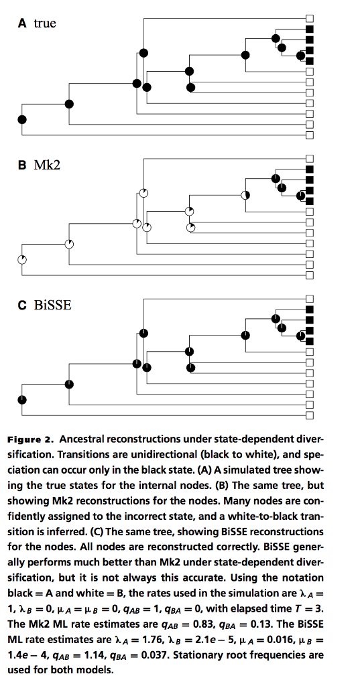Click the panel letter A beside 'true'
pyautogui.click(x=22, y=23)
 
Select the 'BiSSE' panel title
pyautogui.click(x=52, y=305)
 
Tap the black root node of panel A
pyautogui.click(x=22, y=119)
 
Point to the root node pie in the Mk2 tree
pyautogui.click(x=22, y=260)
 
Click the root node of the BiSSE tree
pyautogui.click(x=22, y=400)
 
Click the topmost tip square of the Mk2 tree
pyautogui.click(x=310, y=159)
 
